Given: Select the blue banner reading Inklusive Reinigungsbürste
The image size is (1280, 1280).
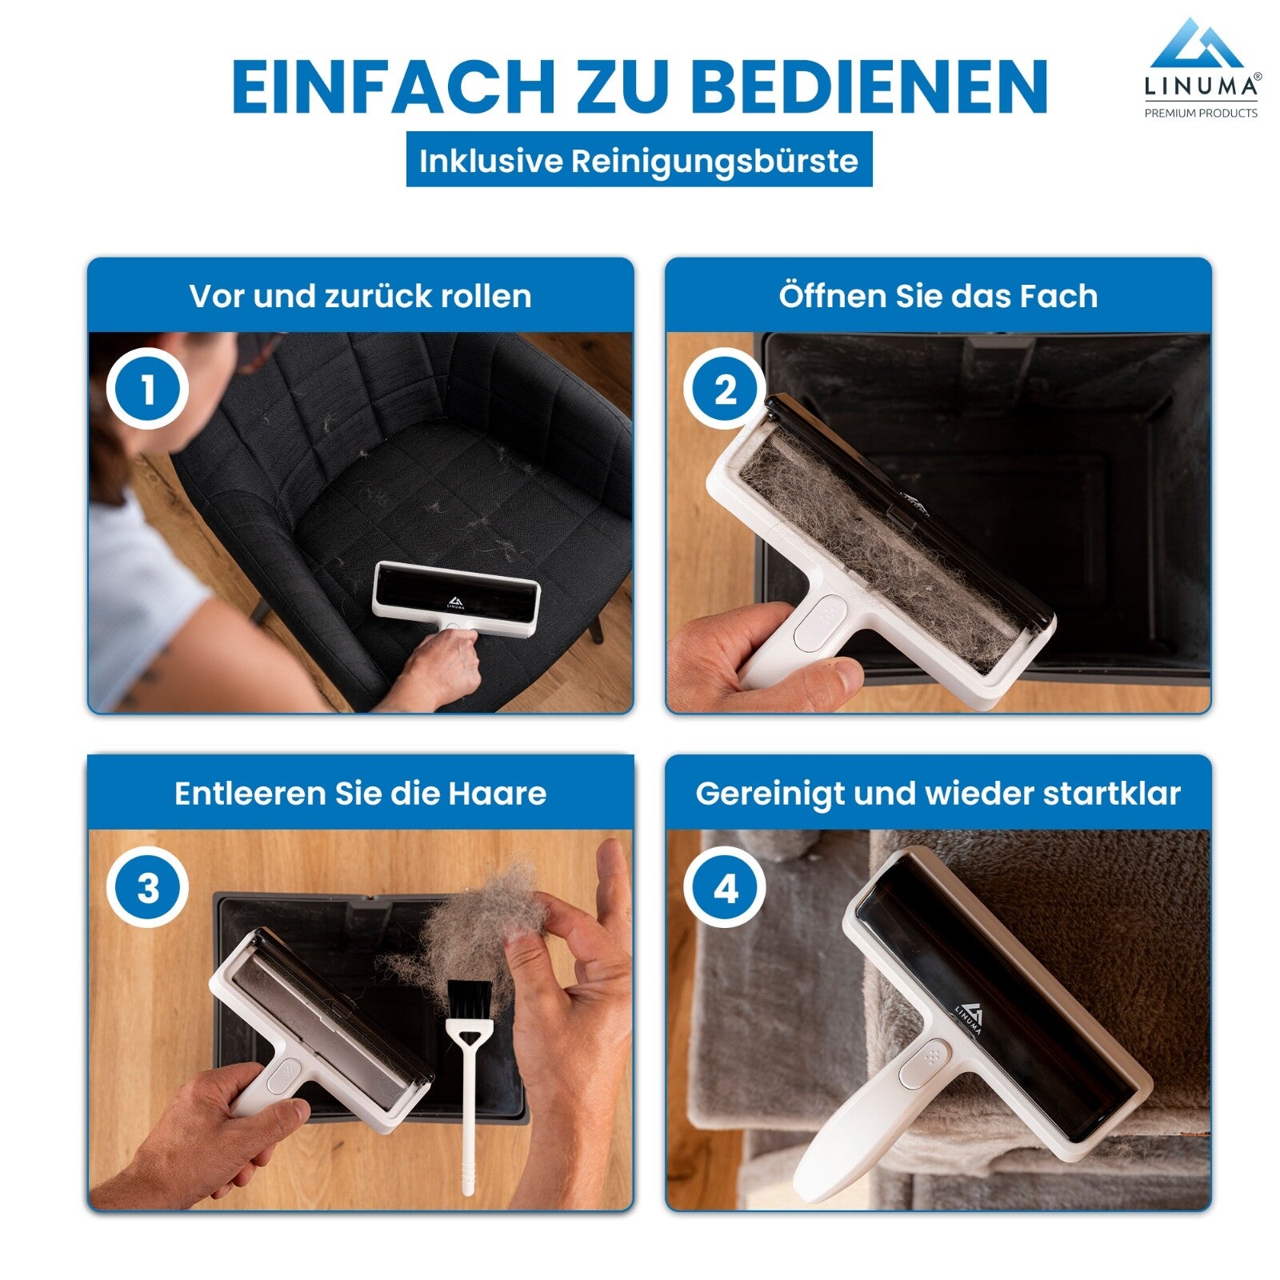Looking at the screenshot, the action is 639,159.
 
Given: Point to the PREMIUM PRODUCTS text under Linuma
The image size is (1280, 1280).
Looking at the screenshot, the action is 1201,113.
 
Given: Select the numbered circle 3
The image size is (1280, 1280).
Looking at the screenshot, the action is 148,888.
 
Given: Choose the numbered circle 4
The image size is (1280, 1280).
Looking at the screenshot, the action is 725,888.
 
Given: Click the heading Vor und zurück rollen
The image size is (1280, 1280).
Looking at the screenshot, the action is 361,296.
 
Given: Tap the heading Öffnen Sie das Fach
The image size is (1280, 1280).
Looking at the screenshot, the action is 938,296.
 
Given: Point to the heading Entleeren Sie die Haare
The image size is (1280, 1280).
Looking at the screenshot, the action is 361,794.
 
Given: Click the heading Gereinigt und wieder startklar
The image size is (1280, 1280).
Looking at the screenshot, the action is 938,794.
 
